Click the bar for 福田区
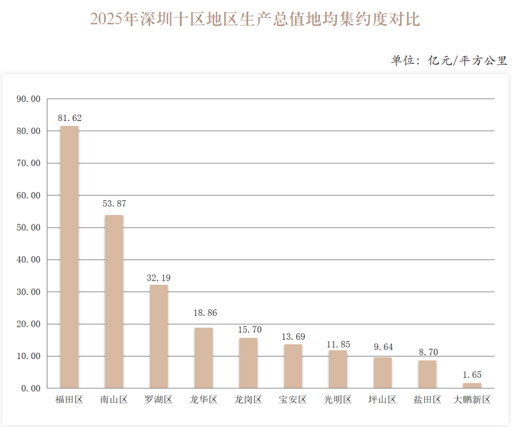click(x=69, y=257)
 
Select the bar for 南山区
click(x=114, y=302)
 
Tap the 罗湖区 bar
click(x=159, y=337)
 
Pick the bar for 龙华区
click(x=204, y=358)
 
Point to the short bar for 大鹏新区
click(x=472, y=386)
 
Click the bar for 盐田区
click(x=427, y=374)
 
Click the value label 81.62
click(x=69, y=117)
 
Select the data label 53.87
click(x=114, y=204)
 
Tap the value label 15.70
click(x=249, y=329)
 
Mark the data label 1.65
click(x=472, y=374)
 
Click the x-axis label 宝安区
click(x=293, y=400)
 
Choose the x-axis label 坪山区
click(x=382, y=400)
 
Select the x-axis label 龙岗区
click(x=248, y=400)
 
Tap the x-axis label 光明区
click(x=338, y=400)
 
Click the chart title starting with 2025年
click(x=255, y=19)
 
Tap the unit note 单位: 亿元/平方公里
click(x=449, y=60)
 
